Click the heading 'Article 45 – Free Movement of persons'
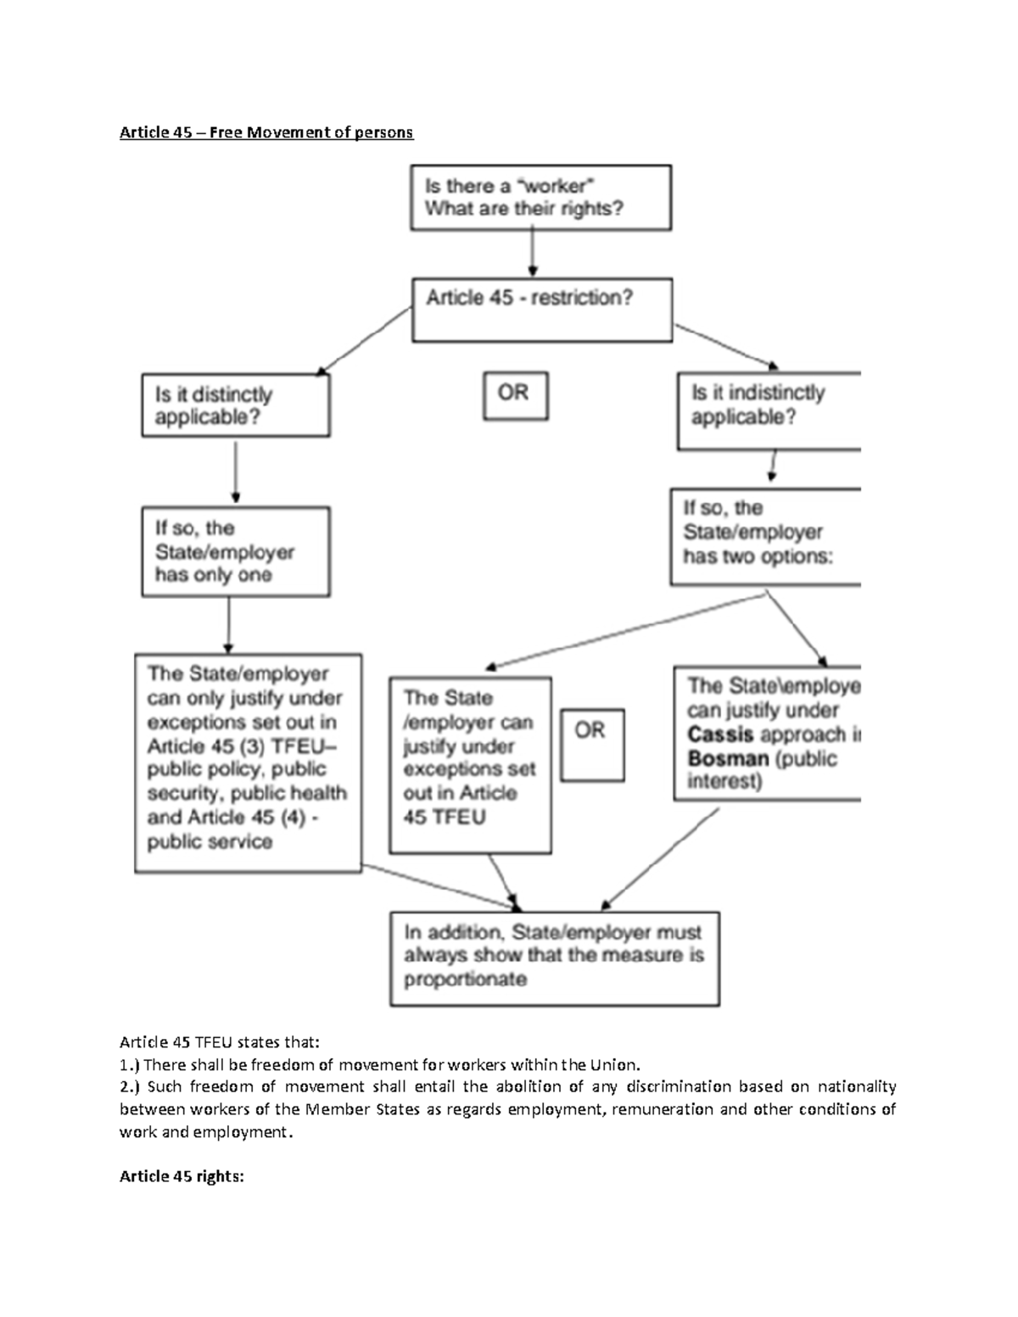pos(266,132)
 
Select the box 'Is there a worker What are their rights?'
pos(540,198)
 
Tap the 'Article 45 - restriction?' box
pos(541,310)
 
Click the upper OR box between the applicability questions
pos(515,395)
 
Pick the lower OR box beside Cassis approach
pos(591,745)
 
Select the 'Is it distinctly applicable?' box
pos(235,406)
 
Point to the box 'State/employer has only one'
pos(235,551)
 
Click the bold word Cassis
pos(720,734)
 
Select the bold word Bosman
pos(722,758)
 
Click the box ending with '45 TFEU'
pos(469,764)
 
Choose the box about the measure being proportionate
pos(554,958)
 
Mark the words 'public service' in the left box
pos(210,842)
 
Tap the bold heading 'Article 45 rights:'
pos(182,1176)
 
